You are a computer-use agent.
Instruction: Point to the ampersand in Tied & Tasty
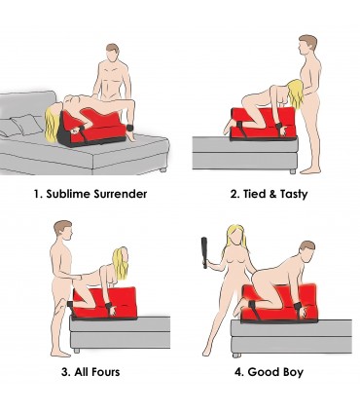tap(279, 193)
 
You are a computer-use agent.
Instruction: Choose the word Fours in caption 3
tap(110, 370)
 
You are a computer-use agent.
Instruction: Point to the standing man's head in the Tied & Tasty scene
tap(307, 47)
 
